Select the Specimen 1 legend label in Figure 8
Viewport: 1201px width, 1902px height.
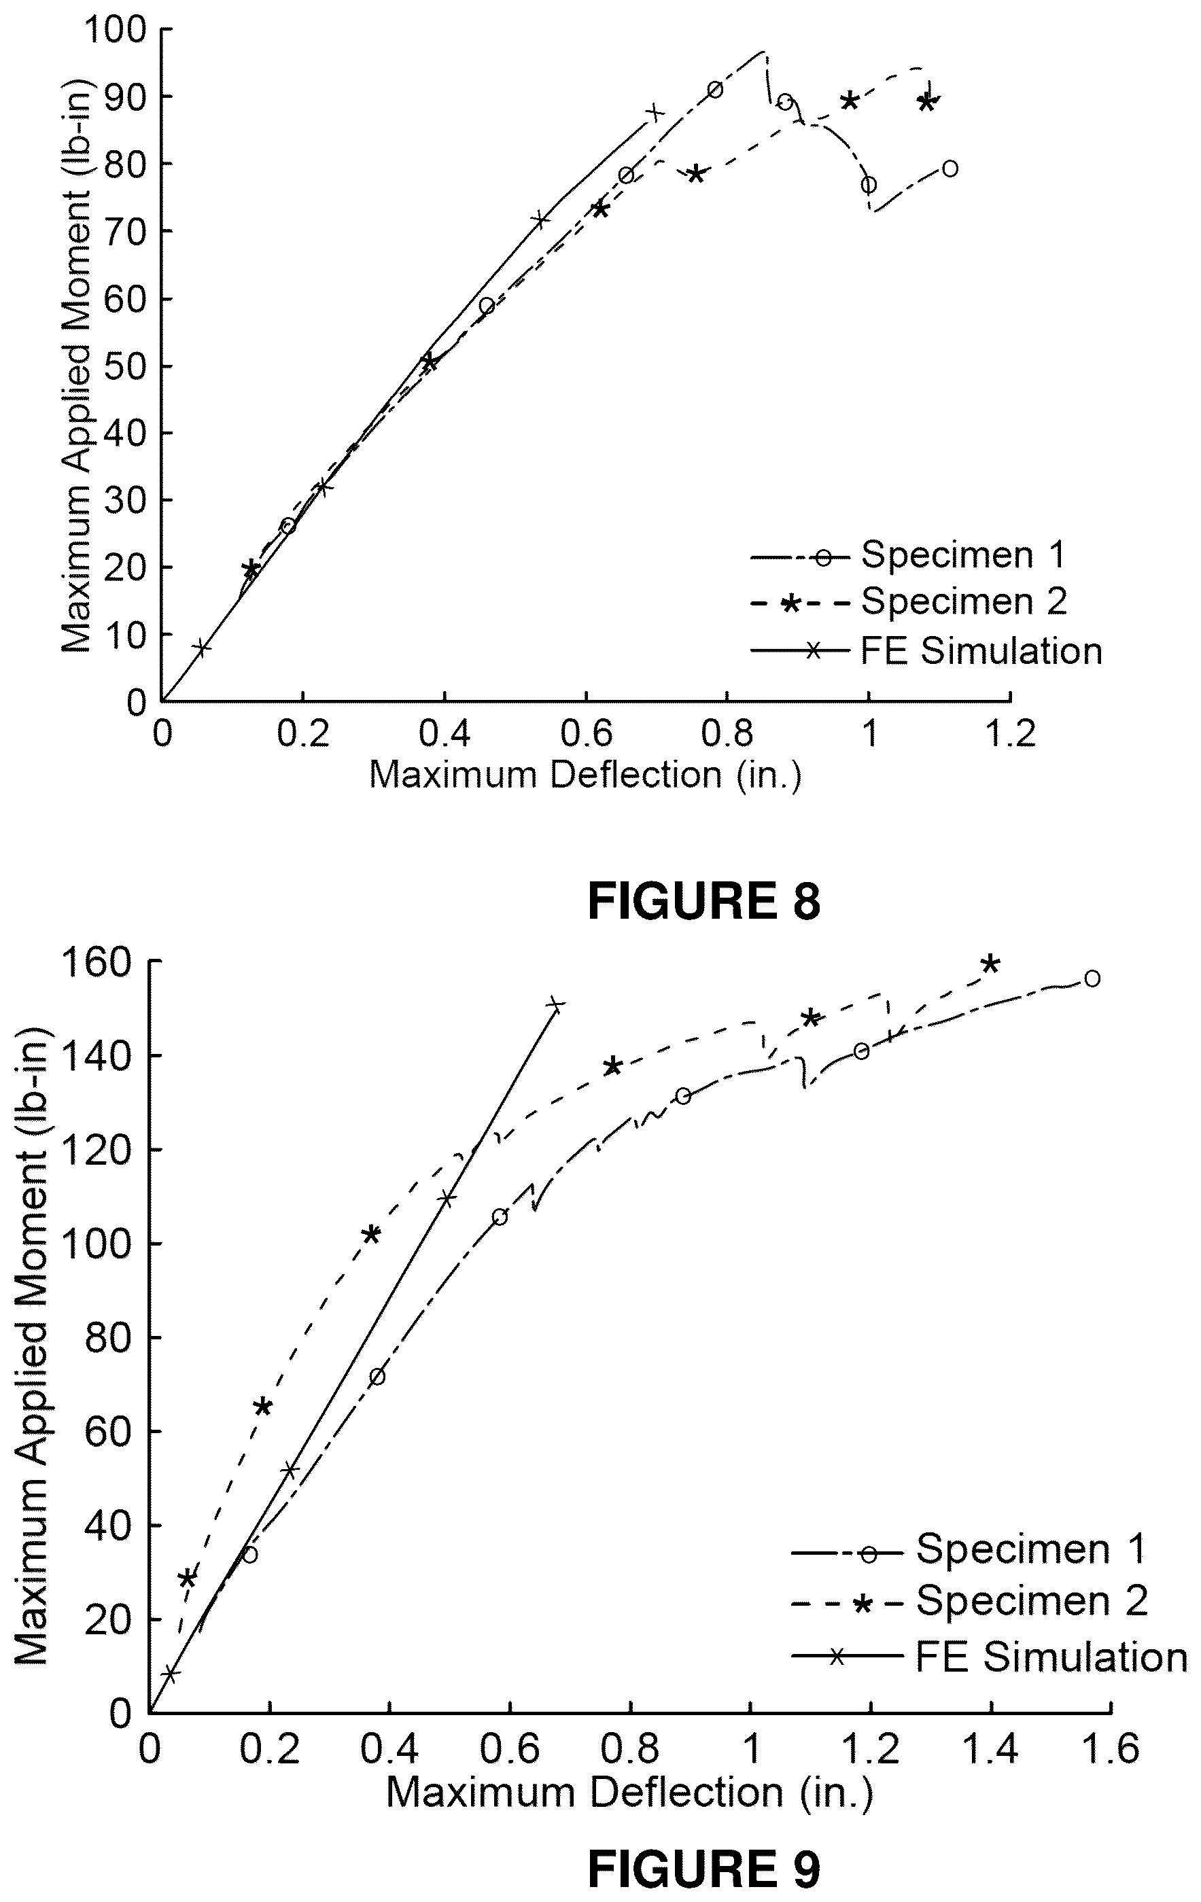(x=964, y=554)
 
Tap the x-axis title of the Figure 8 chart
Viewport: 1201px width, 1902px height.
(x=585, y=775)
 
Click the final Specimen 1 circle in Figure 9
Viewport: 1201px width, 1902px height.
(x=1092, y=979)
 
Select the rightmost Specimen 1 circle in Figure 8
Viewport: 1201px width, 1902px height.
(x=950, y=169)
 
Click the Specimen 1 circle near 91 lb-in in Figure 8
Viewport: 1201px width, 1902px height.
(x=715, y=89)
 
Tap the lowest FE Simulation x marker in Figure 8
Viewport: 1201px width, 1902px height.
(x=201, y=648)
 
